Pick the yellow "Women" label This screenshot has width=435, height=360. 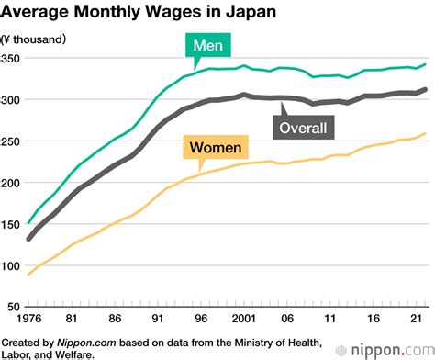click(x=216, y=148)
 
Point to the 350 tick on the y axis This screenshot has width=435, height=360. click(x=12, y=58)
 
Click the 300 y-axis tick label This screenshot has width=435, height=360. click(x=12, y=99)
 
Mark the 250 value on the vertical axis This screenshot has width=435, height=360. click(x=12, y=141)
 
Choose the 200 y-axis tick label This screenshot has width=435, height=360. click(x=12, y=183)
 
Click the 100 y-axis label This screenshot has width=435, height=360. click(x=12, y=266)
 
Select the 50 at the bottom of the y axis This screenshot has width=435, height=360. click(x=15, y=308)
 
